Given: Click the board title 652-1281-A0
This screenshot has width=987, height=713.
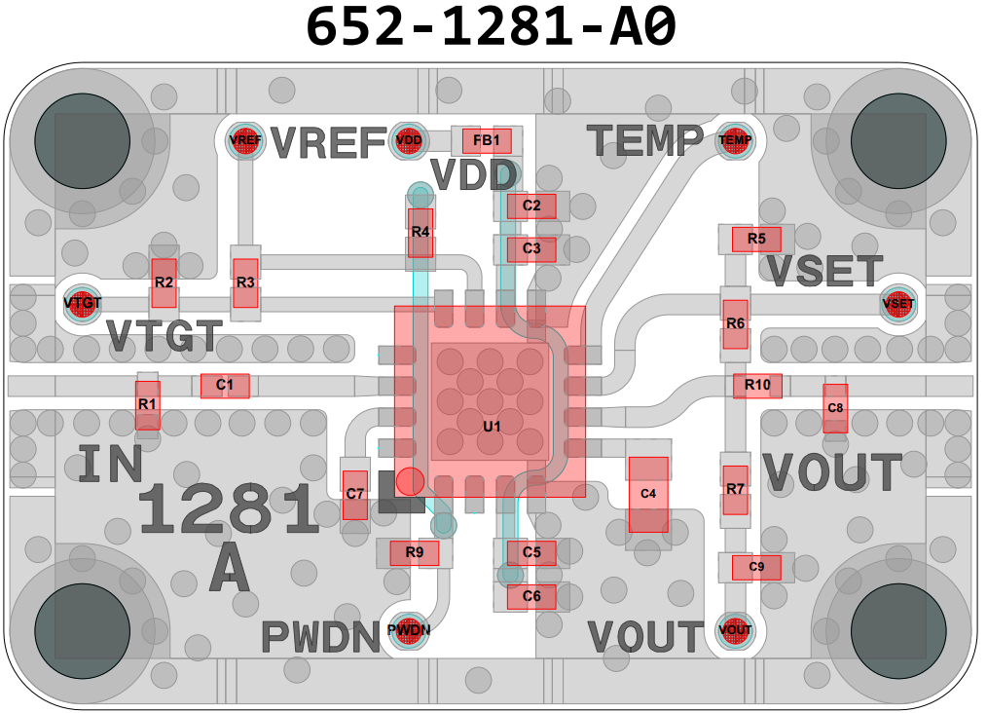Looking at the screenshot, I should click(x=492, y=27).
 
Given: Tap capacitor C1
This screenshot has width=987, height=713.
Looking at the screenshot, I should click(x=225, y=386).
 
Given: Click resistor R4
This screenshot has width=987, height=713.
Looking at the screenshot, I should click(x=420, y=232).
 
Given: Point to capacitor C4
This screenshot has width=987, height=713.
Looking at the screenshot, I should click(x=648, y=494).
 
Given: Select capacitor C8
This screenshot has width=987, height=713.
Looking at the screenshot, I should click(x=835, y=407).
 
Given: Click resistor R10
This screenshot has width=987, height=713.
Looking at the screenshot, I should click(x=757, y=386).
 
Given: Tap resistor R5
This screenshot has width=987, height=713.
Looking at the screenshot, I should click(x=756, y=239).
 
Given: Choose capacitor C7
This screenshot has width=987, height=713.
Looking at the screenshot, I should click(x=355, y=494).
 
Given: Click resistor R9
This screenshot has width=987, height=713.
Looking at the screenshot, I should click(x=415, y=553).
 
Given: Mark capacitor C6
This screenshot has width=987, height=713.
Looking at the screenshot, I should click(x=531, y=596).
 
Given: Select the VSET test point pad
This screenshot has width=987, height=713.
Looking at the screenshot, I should click(x=897, y=304).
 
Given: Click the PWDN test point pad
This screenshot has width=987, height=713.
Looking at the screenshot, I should click(x=409, y=629).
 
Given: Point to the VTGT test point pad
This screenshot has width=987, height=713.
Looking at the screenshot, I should click(x=83, y=303).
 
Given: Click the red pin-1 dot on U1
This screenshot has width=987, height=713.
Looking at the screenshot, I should click(x=410, y=480).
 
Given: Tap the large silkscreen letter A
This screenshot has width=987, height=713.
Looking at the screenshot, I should click(x=230, y=569).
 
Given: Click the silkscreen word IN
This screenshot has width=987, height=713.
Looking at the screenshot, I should click(x=110, y=466).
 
